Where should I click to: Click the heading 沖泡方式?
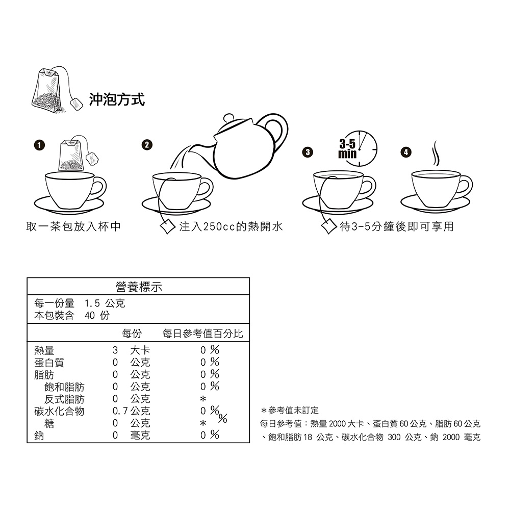click(x=117, y=99)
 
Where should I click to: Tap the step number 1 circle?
click(x=39, y=145)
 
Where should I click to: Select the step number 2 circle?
click(x=147, y=145)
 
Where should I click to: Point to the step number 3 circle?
click(x=308, y=152)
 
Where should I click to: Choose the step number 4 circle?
click(x=405, y=152)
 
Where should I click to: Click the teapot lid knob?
click(x=229, y=117)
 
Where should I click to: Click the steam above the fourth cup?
click(x=435, y=154)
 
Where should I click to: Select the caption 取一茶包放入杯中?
click(x=73, y=226)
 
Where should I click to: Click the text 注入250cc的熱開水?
click(x=231, y=226)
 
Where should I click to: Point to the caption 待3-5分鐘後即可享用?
click(x=397, y=226)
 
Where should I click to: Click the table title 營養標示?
click(x=139, y=287)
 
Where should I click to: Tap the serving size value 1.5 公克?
click(x=105, y=303)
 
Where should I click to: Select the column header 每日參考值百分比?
click(x=202, y=334)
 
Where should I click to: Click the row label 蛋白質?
click(x=49, y=362)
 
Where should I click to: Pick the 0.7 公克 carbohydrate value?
click(x=132, y=411)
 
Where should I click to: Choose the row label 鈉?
click(x=39, y=435)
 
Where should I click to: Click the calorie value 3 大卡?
click(x=132, y=350)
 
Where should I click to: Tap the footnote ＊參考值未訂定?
click(x=290, y=411)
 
